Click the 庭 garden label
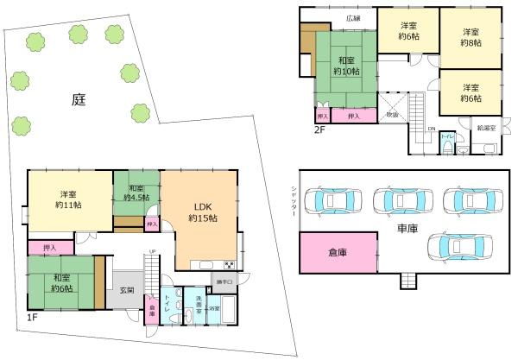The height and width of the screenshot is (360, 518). (79, 99)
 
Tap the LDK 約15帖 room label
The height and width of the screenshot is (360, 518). (203, 212)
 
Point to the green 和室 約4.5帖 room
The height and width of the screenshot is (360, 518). (136, 193)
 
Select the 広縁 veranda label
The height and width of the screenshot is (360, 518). (353, 17)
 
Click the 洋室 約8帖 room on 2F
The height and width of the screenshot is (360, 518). (470, 36)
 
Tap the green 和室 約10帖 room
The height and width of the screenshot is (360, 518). (345, 66)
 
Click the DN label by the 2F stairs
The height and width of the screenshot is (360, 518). (431, 129)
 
